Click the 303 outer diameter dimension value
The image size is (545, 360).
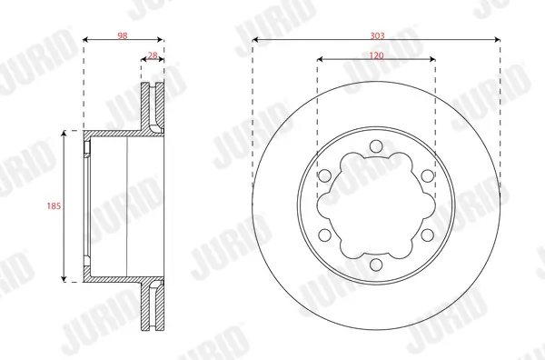pyautogui.click(x=376, y=35)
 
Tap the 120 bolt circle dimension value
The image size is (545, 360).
pyautogui.click(x=376, y=55)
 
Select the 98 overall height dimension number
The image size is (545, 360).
pyautogui.click(x=123, y=35)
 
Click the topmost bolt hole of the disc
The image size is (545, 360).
pyautogui.click(x=376, y=145)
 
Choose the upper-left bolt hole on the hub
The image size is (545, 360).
pyautogui.click(x=323, y=175)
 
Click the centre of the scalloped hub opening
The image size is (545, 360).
pyautogui.click(x=376, y=206)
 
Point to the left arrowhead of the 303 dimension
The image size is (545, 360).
pyautogui.click(x=255, y=41)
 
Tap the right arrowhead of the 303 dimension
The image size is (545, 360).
pyautogui.click(x=498, y=41)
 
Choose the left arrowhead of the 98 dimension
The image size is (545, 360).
pyautogui.click(x=85, y=41)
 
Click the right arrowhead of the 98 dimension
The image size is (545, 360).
pyautogui.click(x=163, y=41)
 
